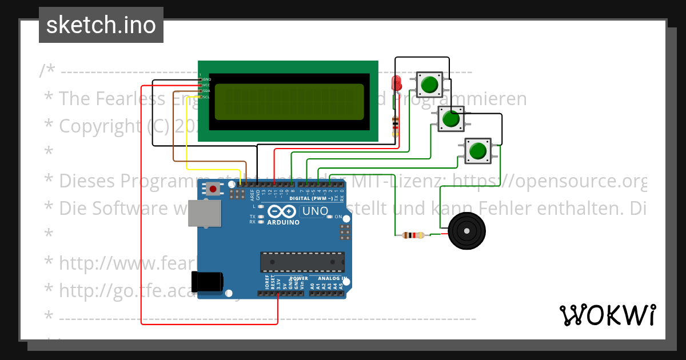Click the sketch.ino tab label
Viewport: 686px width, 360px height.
[x=101, y=25]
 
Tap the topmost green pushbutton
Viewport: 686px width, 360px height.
[x=429, y=85]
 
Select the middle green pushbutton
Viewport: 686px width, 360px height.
[x=451, y=119]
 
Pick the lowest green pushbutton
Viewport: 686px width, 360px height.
[x=477, y=151]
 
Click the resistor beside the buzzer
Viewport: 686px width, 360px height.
[x=413, y=235]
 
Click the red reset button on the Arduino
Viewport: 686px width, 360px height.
[x=213, y=188]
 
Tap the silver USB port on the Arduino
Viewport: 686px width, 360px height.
[x=205, y=213]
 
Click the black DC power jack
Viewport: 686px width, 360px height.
[x=208, y=282]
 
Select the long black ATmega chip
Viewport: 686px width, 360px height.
[x=302, y=261]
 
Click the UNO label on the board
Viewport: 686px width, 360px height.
[x=315, y=211]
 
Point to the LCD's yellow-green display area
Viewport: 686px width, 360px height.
[x=289, y=102]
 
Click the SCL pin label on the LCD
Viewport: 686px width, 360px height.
[x=206, y=97]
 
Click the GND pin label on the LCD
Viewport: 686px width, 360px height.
[x=206, y=79]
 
